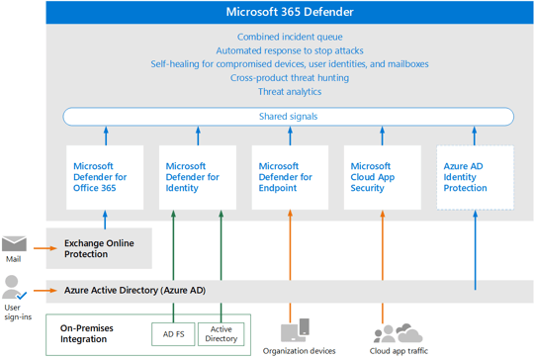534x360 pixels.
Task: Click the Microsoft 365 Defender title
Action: click(289, 14)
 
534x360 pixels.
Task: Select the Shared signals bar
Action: click(289, 117)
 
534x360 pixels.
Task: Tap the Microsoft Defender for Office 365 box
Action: click(99, 177)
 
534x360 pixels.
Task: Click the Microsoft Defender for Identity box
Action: click(196, 177)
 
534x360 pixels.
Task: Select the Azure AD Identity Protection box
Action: click(475, 177)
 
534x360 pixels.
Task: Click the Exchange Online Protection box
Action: click(99, 248)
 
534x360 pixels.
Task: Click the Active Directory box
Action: click(221, 335)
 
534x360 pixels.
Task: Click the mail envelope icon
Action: click(15, 243)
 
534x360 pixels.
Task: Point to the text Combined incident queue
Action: click(289, 37)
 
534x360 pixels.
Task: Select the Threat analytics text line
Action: click(289, 91)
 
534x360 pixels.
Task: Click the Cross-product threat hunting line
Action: click(289, 77)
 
